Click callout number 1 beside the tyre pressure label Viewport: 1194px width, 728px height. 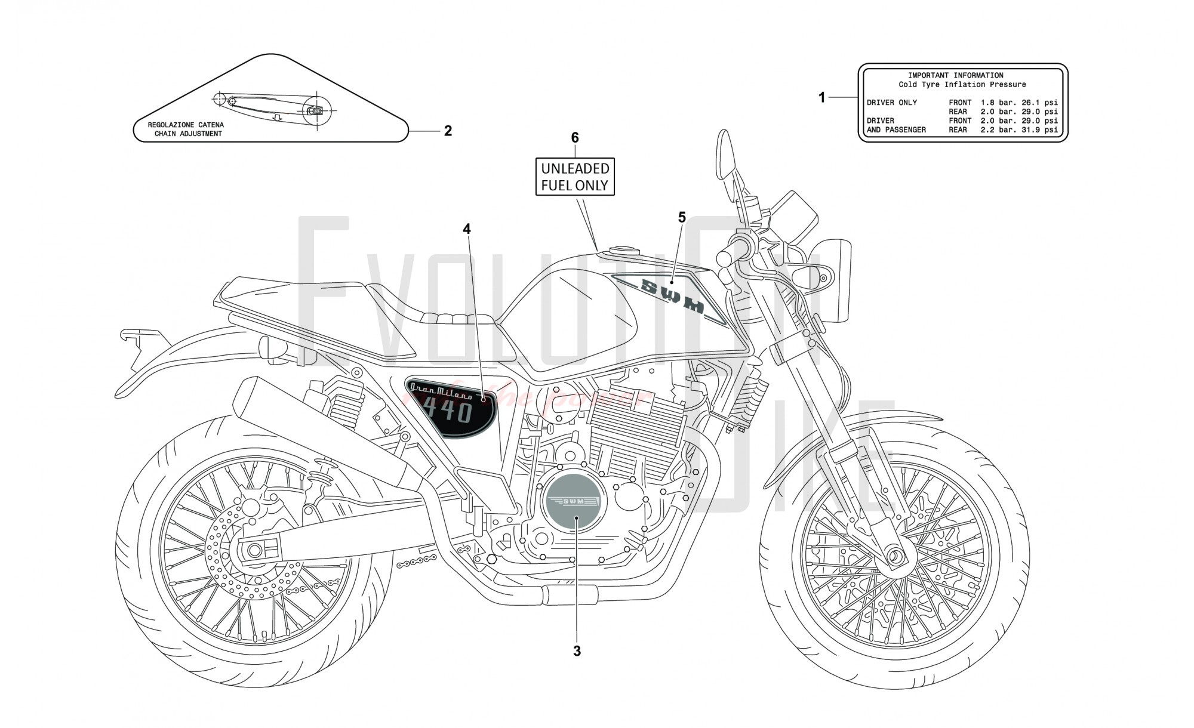821,97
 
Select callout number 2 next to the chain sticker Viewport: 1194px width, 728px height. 448,131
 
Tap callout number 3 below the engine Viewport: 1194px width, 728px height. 577,651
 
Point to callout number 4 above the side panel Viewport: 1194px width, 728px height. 467,229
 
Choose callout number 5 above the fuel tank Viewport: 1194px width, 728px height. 682,218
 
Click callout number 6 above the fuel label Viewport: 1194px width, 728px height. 575,138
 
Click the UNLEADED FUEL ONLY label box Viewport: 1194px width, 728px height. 575,177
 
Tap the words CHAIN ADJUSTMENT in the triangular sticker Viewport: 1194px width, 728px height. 188,134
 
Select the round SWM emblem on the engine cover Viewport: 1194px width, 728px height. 574,501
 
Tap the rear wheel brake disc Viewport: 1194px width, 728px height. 254,549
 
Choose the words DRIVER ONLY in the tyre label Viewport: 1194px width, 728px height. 891,103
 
